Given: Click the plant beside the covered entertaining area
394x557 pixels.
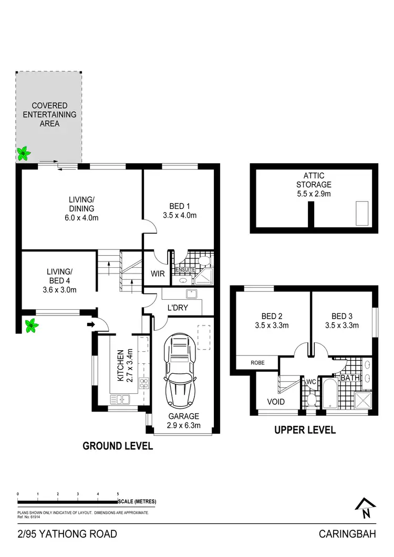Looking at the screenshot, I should pyautogui.click(x=23, y=153).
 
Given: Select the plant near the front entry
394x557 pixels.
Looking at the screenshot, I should pyautogui.click(x=32, y=325).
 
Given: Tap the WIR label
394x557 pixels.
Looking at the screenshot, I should pyautogui.click(x=158, y=274).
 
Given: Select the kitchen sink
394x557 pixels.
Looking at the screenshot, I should pyautogui.click(x=121, y=400).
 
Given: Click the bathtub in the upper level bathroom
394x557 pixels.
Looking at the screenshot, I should pyautogui.click(x=329, y=394).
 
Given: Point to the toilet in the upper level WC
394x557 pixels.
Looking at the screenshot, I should pyautogui.click(x=312, y=401).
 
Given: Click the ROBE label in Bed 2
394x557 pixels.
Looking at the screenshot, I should pyautogui.click(x=257, y=363).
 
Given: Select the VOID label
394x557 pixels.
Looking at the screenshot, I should pyautogui.click(x=276, y=402).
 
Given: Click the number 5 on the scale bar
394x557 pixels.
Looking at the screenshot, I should pyautogui.click(x=118, y=494).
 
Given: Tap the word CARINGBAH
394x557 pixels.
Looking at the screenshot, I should pyautogui.click(x=347, y=535).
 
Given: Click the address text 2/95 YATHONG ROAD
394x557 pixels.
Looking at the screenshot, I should pyautogui.click(x=67, y=535).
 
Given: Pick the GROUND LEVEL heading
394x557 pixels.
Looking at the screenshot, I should pyautogui.click(x=118, y=446).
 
